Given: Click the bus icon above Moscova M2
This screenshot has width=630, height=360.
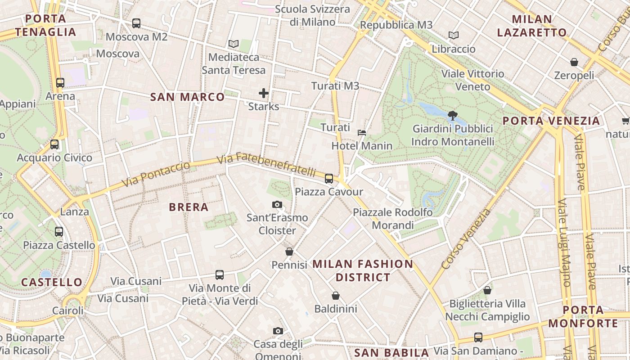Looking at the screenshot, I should click(136, 23).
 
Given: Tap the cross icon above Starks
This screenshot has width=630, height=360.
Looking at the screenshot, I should click(264, 93).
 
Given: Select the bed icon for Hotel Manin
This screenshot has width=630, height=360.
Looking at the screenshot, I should click(362, 132).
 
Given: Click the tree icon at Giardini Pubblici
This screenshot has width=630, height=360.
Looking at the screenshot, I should click(453, 116).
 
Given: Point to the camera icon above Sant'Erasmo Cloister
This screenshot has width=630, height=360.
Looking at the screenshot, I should click(277, 205).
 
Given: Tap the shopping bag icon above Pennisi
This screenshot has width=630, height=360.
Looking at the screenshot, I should click(289, 252).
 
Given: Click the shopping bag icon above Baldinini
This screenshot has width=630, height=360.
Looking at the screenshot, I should click(335, 296).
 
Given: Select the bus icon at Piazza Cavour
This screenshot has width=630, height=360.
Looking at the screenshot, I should click(329, 179).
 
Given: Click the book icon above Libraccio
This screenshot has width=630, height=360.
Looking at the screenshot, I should click(454, 35).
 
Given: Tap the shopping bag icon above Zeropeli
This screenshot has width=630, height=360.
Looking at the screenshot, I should click(574, 62).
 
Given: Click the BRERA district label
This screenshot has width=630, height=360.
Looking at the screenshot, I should click(189, 207).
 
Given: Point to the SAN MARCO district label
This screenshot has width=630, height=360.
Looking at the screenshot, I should click(187, 97).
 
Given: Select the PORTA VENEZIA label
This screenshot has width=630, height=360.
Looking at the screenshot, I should click(551, 121).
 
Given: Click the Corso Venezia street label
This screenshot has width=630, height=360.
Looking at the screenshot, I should click(466, 239).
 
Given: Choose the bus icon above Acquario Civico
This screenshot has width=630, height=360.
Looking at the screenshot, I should click(54, 144).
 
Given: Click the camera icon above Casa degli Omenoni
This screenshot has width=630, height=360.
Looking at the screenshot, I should click(278, 331).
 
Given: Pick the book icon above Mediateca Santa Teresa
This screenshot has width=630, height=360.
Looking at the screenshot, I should click(233, 44).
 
